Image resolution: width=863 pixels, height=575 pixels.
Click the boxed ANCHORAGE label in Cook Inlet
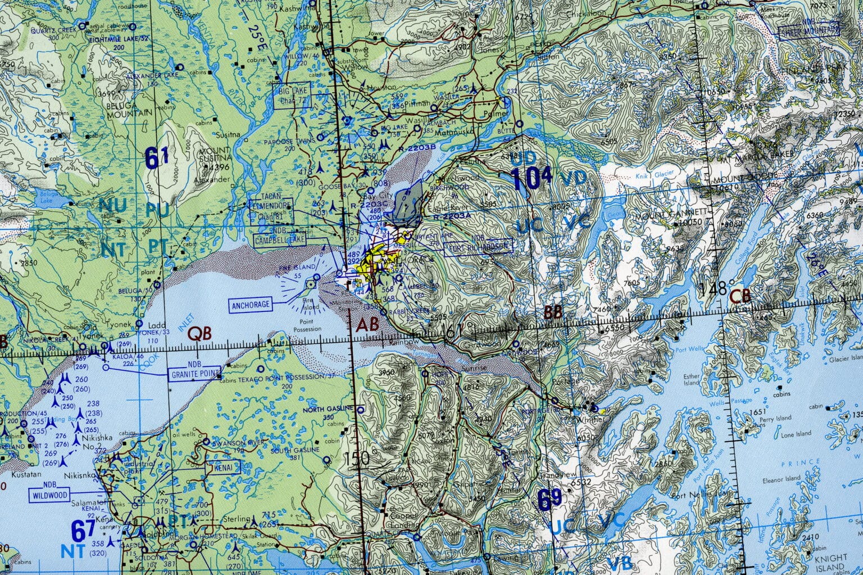pyautogui.click(x=249, y=305)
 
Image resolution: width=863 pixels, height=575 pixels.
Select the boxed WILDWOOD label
pyautogui.click(x=49, y=495)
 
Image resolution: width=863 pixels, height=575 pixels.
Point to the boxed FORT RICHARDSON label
pyautogui.click(x=478, y=246)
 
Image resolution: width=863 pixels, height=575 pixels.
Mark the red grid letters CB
pyautogui.click(x=739, y=296)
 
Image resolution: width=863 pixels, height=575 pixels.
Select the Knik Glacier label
pyautogui.click(x=645, y=176)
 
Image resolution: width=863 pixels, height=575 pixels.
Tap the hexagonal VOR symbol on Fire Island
pyautogui.click(x=310, y=285)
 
